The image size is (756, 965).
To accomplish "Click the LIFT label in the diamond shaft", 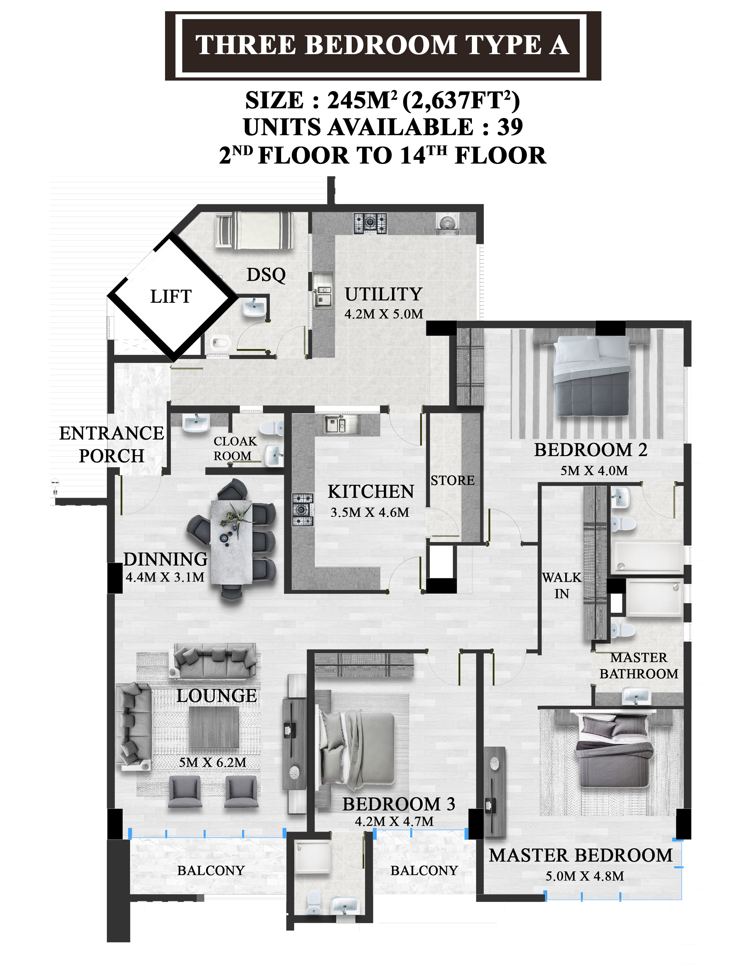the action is tap(171, 296).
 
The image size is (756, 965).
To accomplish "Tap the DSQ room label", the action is tap(266, 275).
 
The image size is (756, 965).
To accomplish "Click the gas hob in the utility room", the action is tap(370, 224).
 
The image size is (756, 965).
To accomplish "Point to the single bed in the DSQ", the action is tap(254, 230).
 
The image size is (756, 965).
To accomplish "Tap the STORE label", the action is tap(452, 480).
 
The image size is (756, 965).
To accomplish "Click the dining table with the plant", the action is tap(231, 542).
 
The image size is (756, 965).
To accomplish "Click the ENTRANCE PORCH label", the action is tap(112, 444).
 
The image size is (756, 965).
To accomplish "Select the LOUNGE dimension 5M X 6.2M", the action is tap(212, 762).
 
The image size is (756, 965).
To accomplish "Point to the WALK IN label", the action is tap(562, 585).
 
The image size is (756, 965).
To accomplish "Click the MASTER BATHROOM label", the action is tap(639, 665).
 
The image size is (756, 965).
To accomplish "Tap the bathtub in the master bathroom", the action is tap(647, 556).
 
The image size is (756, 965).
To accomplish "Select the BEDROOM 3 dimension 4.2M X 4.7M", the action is tap(394, 821).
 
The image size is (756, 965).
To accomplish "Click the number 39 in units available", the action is tap(510, 127).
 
